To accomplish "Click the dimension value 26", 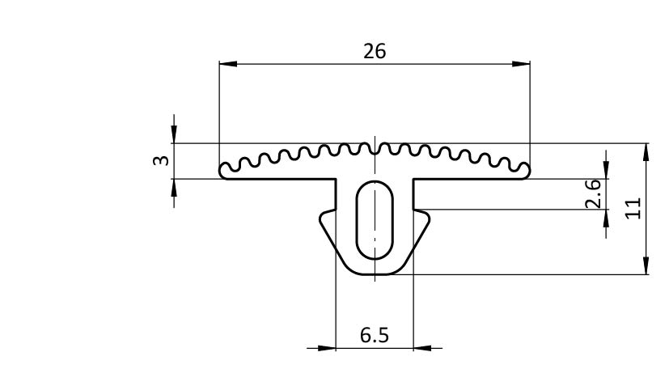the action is coord(375,51).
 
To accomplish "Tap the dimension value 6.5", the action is coord(375,335).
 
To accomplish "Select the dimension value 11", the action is coord(633,208).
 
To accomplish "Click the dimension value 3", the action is coord(161,160).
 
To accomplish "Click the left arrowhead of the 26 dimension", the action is coord(228,64).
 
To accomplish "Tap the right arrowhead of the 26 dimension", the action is coord(521,64).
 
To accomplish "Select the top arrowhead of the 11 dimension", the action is coord(646,152).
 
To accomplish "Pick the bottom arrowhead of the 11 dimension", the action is coord(646,265).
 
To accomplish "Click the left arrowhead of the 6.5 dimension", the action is coord(327,348).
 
